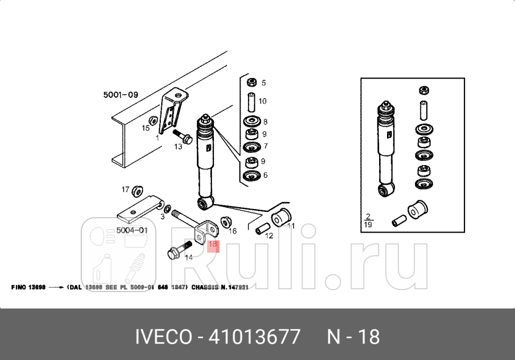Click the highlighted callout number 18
click(x=212, y=245)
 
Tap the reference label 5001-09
click(x=121, y=95)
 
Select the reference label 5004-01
click(x=132, y=230)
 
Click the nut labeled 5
click(x=252, y=82)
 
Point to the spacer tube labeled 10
click(x=252, y=101)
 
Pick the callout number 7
click(x=265, y=146)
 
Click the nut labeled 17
click(x=136, y=190)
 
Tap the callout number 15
click(x=145, y=128)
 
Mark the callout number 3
click(x=161, y=216)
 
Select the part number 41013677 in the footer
click(x=255, y=337)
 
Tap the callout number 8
click(x=265, y=122)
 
